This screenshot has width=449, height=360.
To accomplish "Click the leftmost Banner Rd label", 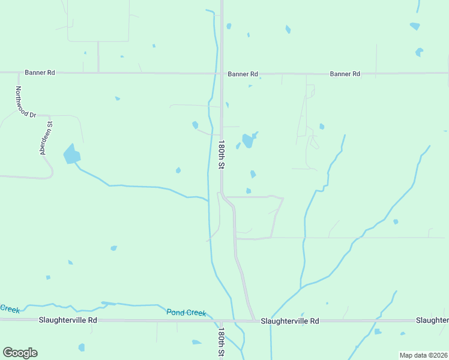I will (x=40, y=73).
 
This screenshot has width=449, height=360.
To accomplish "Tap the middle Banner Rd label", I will (x=243, y=74).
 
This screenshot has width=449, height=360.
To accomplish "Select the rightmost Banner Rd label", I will (x=345, y=74).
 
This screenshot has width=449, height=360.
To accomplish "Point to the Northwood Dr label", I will (x=26, y=102).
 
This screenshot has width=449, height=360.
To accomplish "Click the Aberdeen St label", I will (x=46, y=139).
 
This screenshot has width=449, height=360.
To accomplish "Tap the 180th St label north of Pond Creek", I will (x=221, y=155).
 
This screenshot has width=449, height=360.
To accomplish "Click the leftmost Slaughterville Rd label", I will (x=68, y=320).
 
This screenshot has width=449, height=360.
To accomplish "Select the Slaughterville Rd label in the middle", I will (x=289, y=321).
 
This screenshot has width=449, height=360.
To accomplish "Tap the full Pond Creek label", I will (x=186, y=313).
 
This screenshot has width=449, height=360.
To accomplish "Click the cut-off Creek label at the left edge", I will (x=9, y=308).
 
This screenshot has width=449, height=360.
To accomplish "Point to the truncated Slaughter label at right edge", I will (x=432, y=320).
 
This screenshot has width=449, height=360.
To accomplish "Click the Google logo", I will (x=20, y=353).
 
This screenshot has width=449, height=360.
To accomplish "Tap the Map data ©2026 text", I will (x=423, y=355).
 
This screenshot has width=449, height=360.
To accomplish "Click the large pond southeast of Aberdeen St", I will (x=71, y=155).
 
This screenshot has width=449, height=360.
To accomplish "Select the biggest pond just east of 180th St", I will (x=247, y=141).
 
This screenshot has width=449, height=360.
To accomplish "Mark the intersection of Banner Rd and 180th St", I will (x=221, y=73).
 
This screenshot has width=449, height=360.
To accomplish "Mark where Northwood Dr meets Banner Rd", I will (x=16, y=73).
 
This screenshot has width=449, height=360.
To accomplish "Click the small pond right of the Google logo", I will (x=82, y=347).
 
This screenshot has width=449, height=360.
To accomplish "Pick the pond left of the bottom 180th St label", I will (x=196, y=343).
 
